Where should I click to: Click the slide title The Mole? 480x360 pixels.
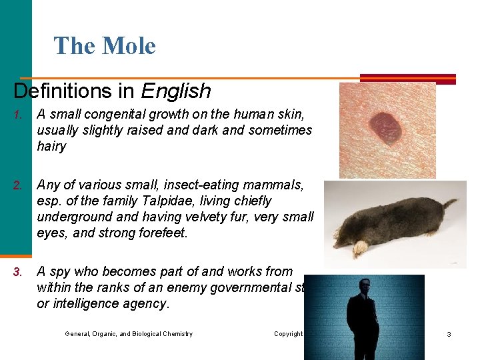click(105, 46)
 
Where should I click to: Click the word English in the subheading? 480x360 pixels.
click(176, 91)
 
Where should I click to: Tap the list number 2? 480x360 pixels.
click(18, 185)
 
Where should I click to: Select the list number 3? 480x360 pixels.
click(18, 272)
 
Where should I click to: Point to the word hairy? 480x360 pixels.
click(51, 146)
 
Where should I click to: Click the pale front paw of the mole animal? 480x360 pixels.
click(360, 249)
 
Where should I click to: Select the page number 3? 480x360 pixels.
click(449, 334)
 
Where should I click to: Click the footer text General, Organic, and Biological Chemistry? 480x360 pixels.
click(129, 334)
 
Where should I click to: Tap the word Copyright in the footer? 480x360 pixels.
click(288, 334)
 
